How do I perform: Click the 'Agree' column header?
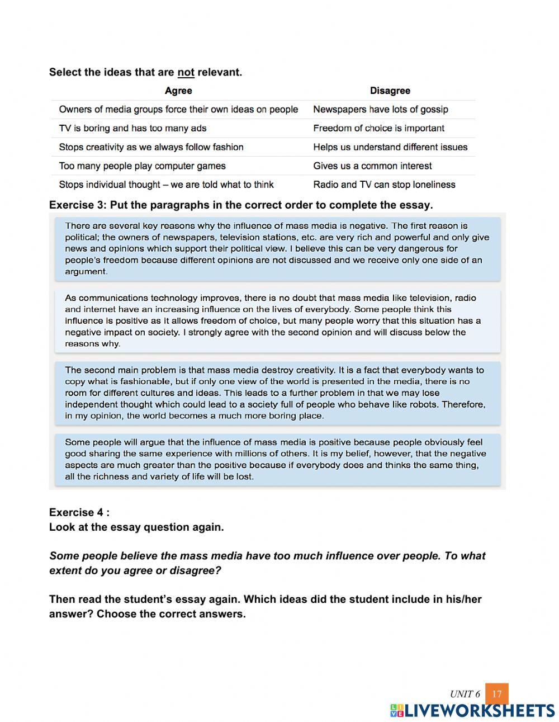pyautogui.click(x=178, y=91)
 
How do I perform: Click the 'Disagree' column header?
pyautogui.click(x=390, y=91)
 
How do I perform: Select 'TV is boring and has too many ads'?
pyautogui.click(x=132, y=128)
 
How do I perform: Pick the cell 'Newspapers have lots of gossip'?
pyautogui.click(x=380, y=110)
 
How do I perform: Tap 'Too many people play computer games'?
pyautogui.click(x=142, y=166)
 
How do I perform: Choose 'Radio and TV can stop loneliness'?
pyautogui.click(x=384, y=185)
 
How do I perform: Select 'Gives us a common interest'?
pyautogui.click(x=372, y=166)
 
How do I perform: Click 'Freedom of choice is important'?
pyautogui.click(x=378, y=128)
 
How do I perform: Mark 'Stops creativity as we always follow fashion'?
pyautogui.click(x=151, y=147)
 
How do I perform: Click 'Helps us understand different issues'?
pyautogui.click(x=390, y=147)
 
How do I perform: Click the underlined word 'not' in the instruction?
pyautogui.click(x=186, y=72)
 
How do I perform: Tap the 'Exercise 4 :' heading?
pyautogui.click(x=79, y=512)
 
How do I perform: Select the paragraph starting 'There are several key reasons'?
pyautogui.click(x=277, y=249)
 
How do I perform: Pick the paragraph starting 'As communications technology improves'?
pyautogui.click(x=277, y=321)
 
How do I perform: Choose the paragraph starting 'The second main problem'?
pyautogui.click(x=277, y=393)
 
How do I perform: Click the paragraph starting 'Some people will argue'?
pyautogui.click(x=277, y=459)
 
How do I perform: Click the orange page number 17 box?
pyautogui.click(x=496, y=694)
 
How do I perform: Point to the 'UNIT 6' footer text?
pyautogui.click(x=465, y=694)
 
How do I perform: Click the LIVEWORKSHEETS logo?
pyautogui.click(x=472, y=711)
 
